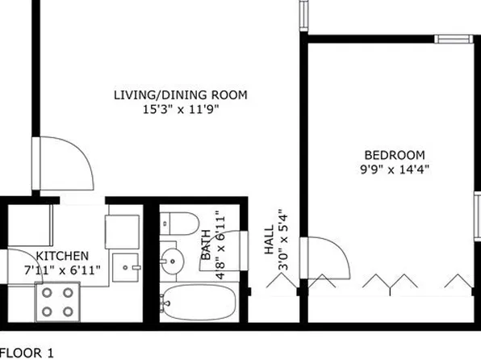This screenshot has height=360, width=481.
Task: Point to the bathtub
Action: pyautogui.click(x=199, y=302)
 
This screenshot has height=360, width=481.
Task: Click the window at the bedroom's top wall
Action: pyautogui.click(x=451, y=38)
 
